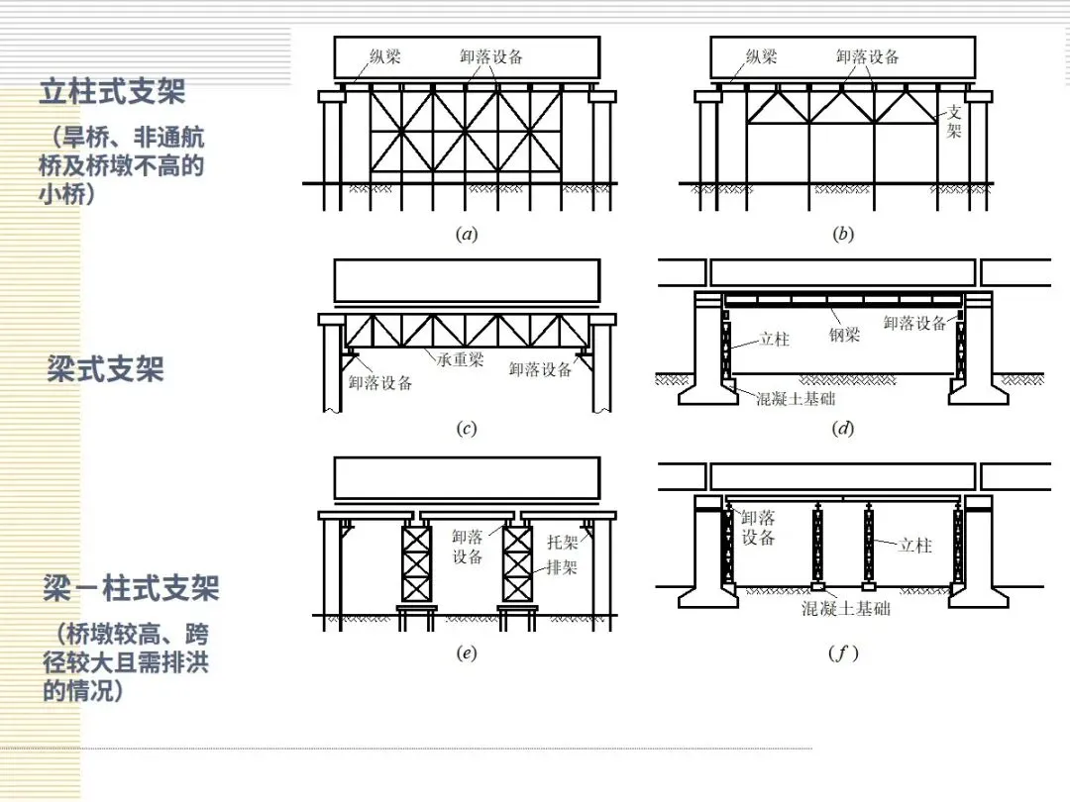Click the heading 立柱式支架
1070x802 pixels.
(x=112, y=93)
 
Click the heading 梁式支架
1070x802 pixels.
(x=105, y=370)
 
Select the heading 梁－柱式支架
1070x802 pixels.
(x=130, y=589)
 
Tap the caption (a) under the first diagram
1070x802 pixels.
(x=466, y=235)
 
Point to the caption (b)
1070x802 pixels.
(x=842, y=235)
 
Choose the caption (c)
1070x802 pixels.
(x=466, y=429)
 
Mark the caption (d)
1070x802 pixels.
(x=842, y=429)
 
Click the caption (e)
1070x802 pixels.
(x=466, y=652)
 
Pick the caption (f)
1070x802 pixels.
(x=842, y=653)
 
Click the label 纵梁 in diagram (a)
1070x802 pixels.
(x=386, y=56)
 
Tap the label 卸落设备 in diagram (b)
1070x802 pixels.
(x=867, y=56)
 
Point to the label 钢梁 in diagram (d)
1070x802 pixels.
(x=844, y=336)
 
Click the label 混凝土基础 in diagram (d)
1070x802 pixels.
(x=796, y=398)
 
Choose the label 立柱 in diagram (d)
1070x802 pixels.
(x=775, y=339)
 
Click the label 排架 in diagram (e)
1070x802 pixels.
(x=563, y=568)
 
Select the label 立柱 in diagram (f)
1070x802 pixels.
(x=915, y=545)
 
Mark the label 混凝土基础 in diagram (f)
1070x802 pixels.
(x=845, y=609)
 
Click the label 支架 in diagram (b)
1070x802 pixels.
(x=954, y=122)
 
